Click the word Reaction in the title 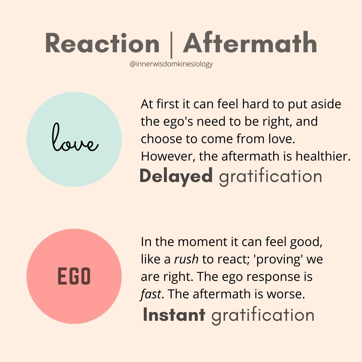(x=102, y=43)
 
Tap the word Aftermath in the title (x=250, y=42)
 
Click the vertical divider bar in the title (x=171, y=45)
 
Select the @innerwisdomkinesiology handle (x=171, y=64)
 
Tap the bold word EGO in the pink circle (x=74, y=276)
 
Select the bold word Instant (x=174, y=314)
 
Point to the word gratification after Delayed (x=270, y=177)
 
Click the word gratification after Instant (x=263, y=316)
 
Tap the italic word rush (x=186, y=259)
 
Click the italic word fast (x=151, y=294)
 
